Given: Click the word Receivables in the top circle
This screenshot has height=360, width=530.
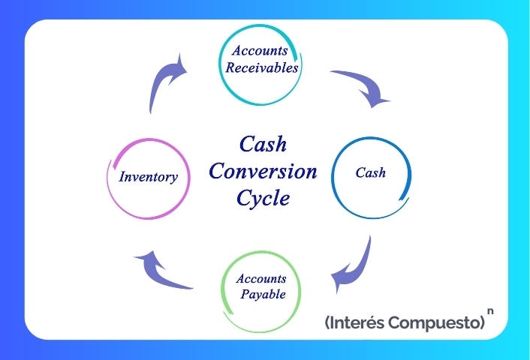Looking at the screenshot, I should pyautogui.click(x=263, y=67).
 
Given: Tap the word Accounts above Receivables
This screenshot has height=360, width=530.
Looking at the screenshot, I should pyautogui.click(x=260, y=51).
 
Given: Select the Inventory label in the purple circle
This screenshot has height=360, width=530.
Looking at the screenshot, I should pyautogui.click(x=148, y=178).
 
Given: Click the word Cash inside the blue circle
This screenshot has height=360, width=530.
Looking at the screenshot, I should pyautogui.click(x=370, y=172).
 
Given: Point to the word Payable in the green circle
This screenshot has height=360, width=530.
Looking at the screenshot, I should pyautogui.click(x=263, y=294).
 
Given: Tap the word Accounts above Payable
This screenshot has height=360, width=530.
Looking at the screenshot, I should pyautogui.click(x=260, y=278).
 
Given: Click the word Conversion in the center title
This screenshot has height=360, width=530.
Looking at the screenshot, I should pyautogui.click(x=263, y=171).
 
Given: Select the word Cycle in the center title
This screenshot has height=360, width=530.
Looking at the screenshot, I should pyautogui.click(x=263, y=198).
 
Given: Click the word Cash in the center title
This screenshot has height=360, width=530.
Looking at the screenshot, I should pyautogui.click(x=263, y=144).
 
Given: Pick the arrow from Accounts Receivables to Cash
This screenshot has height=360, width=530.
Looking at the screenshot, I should pyautogui.click(x=364, y=86).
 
